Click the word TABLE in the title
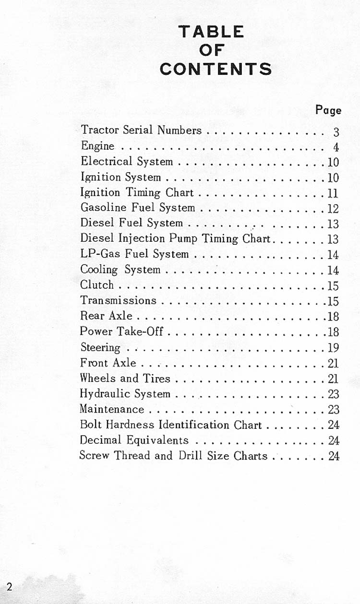click(211, 32)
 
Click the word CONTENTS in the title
click(216, 69)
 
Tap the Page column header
click(328, 110)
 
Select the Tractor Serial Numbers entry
click(141, 130)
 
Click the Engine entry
click(98, 146)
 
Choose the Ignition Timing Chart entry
click(137, 192)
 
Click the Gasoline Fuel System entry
click(138, 208)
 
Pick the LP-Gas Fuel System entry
click(134, 254)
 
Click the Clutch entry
click(97, 284)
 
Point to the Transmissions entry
click(118, 300)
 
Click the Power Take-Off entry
click(121, 331)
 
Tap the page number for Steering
click(333, 347)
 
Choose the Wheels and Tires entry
click(125, 378)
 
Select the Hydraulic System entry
click(125, 394)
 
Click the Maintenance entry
click(111, 409)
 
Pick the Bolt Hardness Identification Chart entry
click(170, 425)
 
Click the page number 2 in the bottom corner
click(9, 587)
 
